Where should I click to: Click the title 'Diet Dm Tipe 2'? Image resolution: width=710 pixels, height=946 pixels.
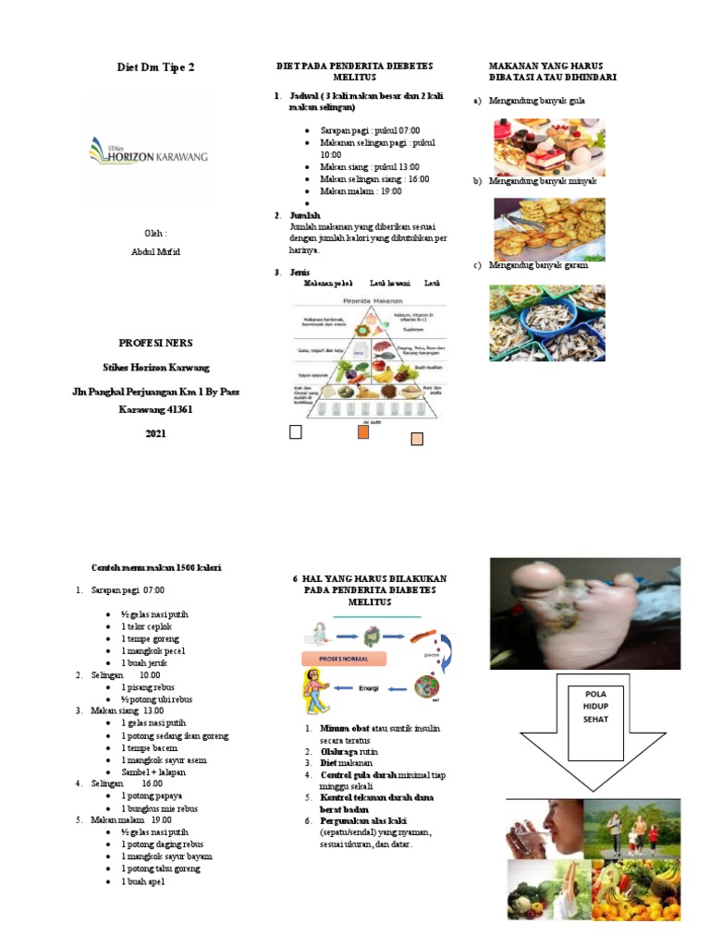(x=155, y=68)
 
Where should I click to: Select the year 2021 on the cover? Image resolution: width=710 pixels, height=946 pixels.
(x=155, y=433)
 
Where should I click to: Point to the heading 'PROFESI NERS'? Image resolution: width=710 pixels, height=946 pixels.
(x=155, y=343)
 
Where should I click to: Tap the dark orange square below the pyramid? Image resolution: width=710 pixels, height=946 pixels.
(x=363, y=432)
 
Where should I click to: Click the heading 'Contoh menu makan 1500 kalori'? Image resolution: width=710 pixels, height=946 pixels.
(x=155, y=567)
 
